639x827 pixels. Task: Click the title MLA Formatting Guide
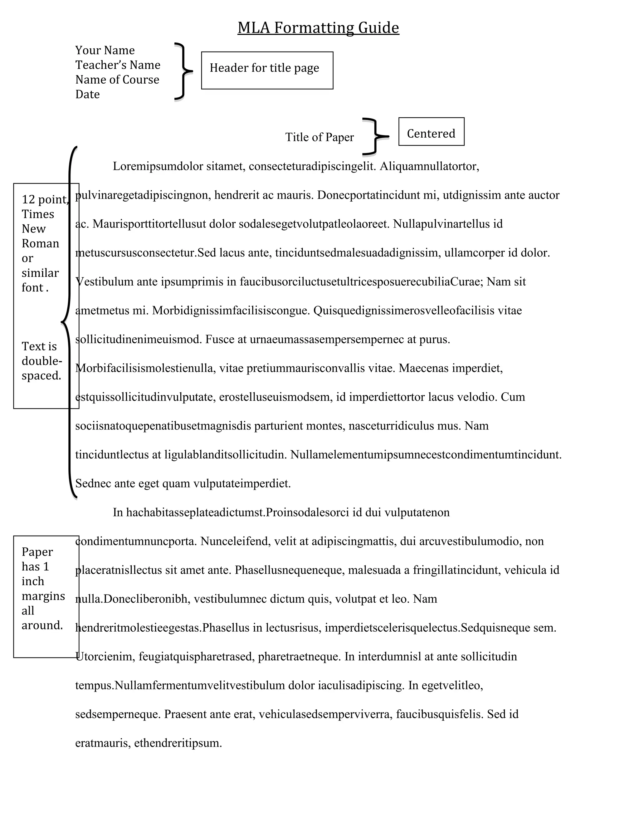[318, 28]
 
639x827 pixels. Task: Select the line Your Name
[105, 50]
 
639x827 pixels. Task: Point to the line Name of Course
[117, 80]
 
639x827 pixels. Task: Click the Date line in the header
[87, 94]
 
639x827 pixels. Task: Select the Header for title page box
[267, 71]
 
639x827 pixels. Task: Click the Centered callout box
[431, 132]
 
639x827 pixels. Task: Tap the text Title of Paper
[319, 137]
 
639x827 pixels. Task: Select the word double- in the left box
[41, 361]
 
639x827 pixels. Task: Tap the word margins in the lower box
[43, 596]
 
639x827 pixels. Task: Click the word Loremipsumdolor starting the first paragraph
[158, 166]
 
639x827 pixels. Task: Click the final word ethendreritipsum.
[178, 743]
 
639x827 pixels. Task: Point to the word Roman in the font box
[41, 243]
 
